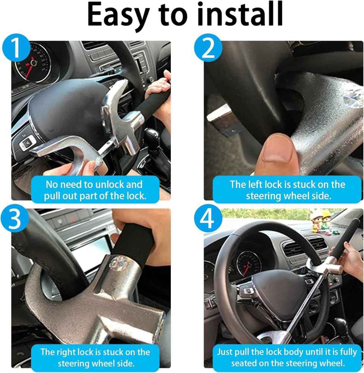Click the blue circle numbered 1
pyautogui.click(x=16, y=48)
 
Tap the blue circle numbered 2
pyautogui.click(x=208, y=48)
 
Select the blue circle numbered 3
pyautogui.click(x=15, y=218)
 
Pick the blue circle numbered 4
pyautogui.click(x=208, y=218)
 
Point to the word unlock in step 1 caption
pyautogui.click(x=110, y=184)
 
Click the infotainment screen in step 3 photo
pyautogui.click(x=92, y=250)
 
